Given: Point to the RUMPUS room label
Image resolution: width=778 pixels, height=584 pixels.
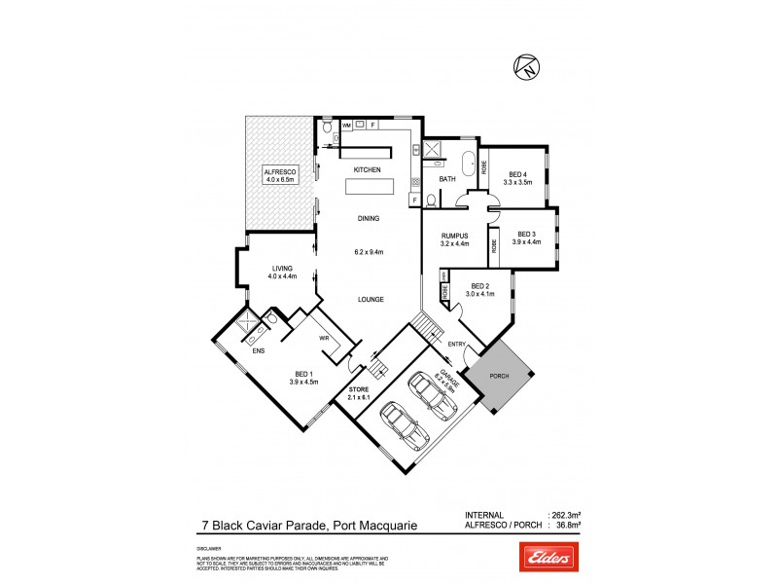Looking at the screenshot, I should click(454, 235).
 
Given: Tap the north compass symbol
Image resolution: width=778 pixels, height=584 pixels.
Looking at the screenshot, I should click(524, 67).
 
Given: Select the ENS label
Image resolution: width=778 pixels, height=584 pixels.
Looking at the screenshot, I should click(259, 350).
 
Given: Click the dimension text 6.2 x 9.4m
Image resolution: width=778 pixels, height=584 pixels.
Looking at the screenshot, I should click(368, 253).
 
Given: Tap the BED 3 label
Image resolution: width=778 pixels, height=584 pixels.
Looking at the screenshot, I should click(526, 234).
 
